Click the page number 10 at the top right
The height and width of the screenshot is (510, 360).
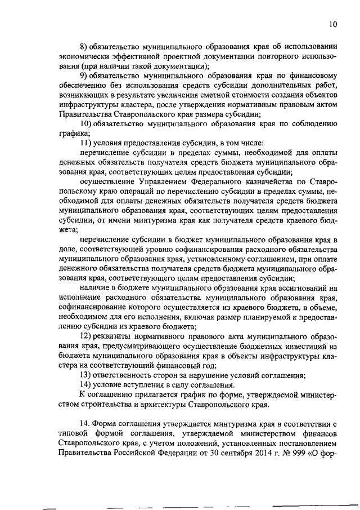click(x=333, y=24)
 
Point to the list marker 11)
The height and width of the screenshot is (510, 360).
click(x=85, y=143)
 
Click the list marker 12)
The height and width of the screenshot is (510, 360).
click(x=85, y=335)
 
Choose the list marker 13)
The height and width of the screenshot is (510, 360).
click(x=85, y=374)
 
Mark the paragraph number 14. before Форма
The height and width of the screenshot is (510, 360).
click(x=85, y=423)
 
